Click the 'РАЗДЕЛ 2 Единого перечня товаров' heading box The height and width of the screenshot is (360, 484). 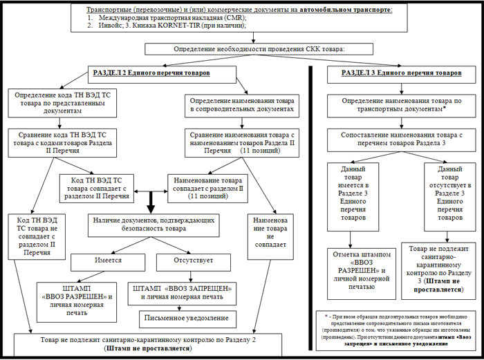pos(151,73)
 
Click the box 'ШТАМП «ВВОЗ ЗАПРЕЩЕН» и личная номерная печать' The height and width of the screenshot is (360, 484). pos(182,291)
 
